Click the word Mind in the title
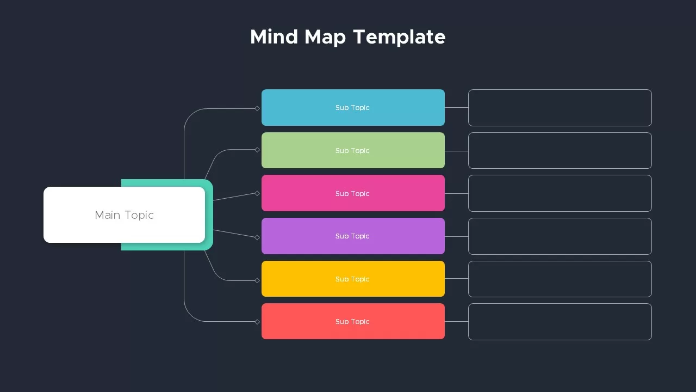pos(274,36)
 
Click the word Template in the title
pos(399,38)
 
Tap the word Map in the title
pos(325,38)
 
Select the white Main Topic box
pos(125,215)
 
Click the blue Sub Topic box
pos(353,107)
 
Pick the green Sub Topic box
pos(353,150)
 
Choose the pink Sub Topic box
pos(353,193)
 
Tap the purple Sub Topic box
pos(353,236)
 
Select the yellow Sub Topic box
pos(353,279)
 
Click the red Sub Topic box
pos(353,321)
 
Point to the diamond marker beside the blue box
pos(257,108)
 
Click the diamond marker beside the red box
pos(257,322)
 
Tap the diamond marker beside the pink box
pos(257,193)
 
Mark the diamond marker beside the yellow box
pos(257,280)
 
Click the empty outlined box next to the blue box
pos(560,90)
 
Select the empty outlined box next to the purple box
pos(560,218)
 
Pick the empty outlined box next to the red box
pos(560,304)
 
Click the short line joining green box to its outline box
pos(456,151)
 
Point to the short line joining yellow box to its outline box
pos(456,278)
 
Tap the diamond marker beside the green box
pos(257,150)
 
